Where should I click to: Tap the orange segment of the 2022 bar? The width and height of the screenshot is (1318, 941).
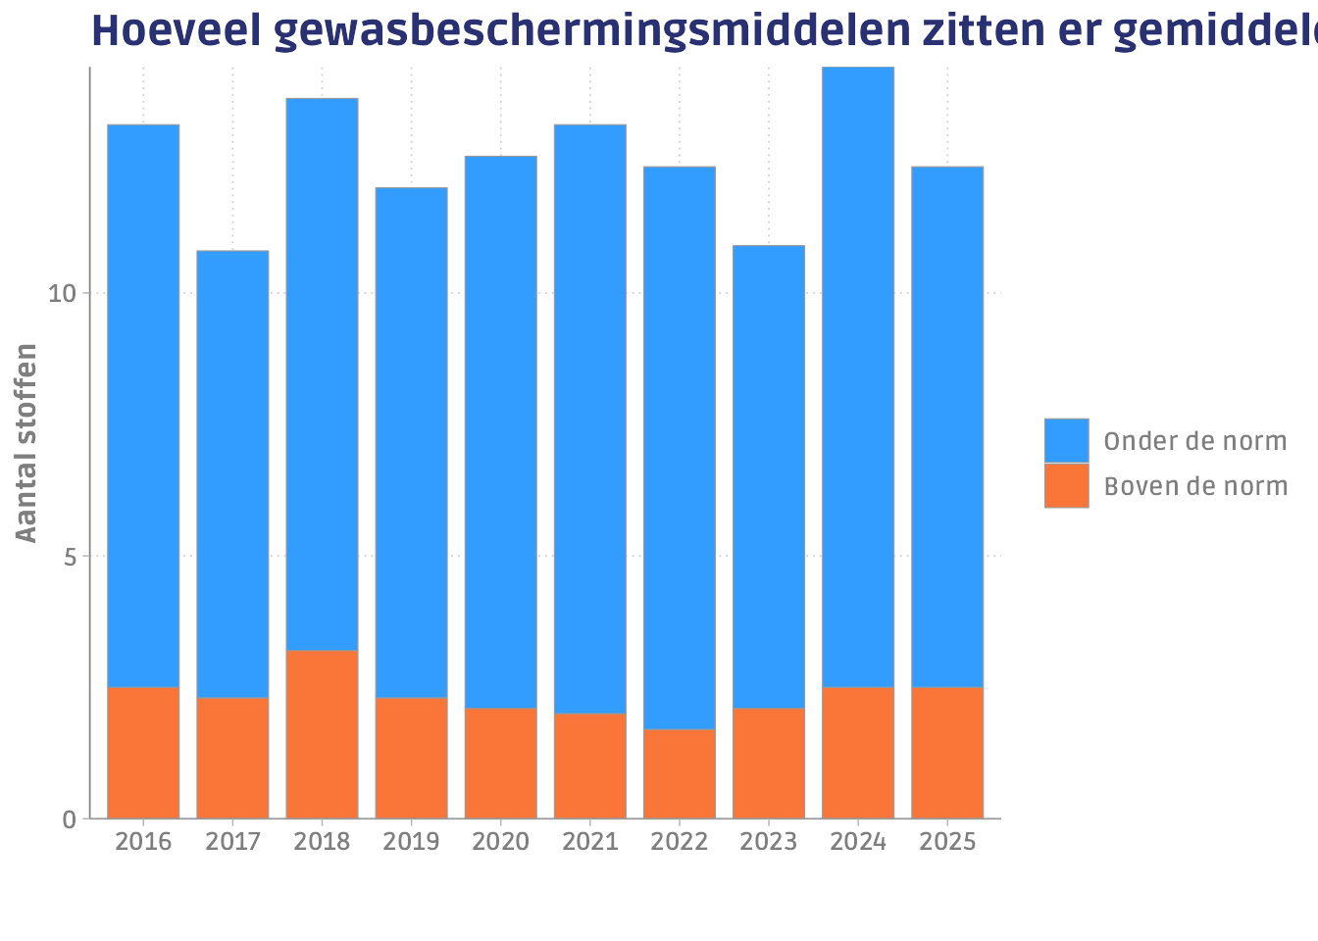pyautogui.click(x=680, y=773)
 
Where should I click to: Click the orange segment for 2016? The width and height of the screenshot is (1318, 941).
pyautogui.click(x=143, y=752)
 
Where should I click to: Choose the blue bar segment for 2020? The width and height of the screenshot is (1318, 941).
pyautogui.click(x=501, y=431)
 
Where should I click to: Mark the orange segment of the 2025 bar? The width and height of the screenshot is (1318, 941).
pyautogui.click(x=947, y=752)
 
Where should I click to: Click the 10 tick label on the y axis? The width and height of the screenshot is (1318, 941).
pyautogui.click(x=62, y=293)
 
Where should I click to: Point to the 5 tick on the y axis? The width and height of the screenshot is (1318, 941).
pyautogui.click(x=70, y=557)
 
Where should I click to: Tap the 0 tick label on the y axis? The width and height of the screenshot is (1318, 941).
pyautogui.click(x=70, y=819)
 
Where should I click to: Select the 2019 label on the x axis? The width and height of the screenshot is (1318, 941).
pyautogui.click(x=411, y=842)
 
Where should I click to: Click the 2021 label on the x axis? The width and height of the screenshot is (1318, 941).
pyautogui.click(x=590, y=842)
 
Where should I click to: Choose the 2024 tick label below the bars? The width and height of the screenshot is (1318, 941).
pyautogui.click(x=858, y=842)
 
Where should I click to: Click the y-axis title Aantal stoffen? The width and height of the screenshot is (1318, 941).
pyautogui.click(x=27, y=442)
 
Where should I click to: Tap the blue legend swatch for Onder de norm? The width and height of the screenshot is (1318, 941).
pyautogui.click(x=1066, y=440)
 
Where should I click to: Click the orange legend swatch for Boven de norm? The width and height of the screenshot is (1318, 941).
pyautogui.click(x=1066, y=485)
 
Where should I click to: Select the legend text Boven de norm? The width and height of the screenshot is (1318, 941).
pyautogui.click(x=1195, y=486)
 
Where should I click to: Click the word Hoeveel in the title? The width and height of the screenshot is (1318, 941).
pyautogui.click(x=176, y=31)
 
